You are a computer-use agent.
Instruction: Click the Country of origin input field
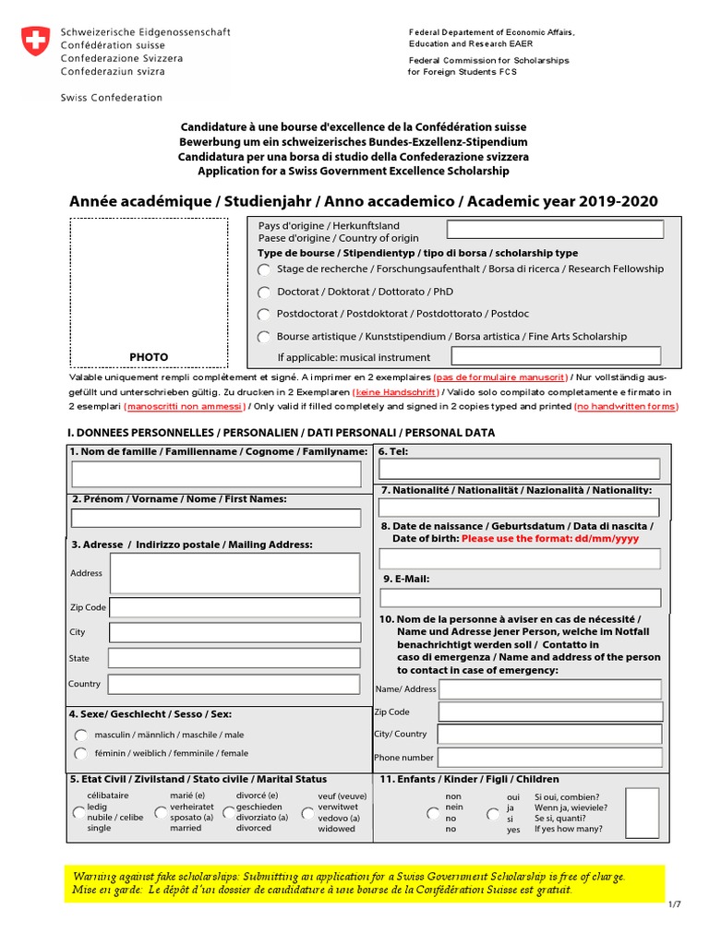555,230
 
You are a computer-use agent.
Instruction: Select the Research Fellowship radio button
265,269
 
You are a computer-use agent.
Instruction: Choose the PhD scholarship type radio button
265,293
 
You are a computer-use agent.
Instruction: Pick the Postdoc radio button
265,315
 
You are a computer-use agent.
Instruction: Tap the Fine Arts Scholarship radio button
265,338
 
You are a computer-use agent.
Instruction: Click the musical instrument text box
556,356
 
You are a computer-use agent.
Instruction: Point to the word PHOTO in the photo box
149,357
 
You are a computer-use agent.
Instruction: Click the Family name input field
216,474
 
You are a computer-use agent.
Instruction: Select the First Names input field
216,518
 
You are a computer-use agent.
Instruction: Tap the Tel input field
519,469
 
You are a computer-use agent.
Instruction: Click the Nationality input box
519,508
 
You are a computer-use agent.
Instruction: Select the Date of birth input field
519,558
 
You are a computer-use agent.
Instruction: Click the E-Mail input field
519,597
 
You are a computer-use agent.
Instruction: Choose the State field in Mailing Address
234,659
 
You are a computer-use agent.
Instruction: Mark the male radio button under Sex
82,736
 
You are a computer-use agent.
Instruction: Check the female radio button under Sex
82,754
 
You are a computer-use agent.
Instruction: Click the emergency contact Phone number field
549,758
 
